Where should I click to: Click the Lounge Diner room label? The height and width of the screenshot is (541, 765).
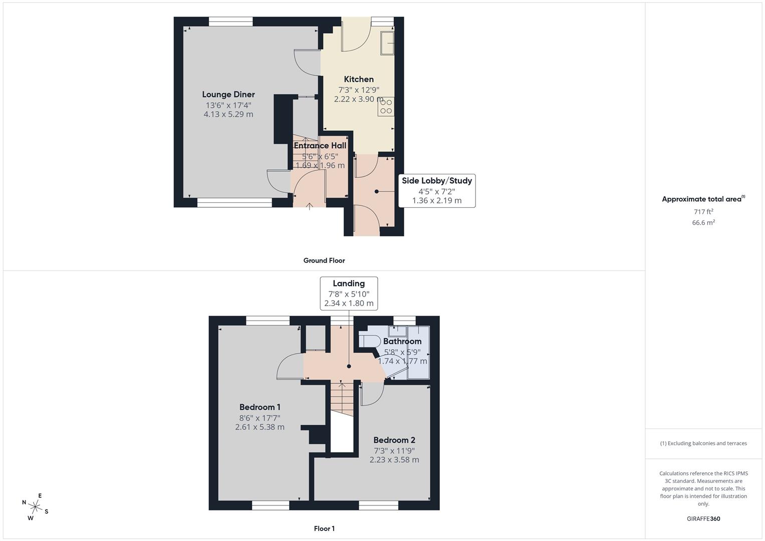pos(228,94)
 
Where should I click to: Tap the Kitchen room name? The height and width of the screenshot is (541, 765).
pos(359,79)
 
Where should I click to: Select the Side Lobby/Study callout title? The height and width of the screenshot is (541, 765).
pos(437,181)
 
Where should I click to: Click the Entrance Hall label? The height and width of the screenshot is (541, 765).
pos(320,146)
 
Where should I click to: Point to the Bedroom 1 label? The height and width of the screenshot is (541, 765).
pos(260,407)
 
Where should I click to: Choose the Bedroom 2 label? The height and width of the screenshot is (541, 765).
pos(394,440)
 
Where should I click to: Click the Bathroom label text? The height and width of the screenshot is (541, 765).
pos(402,341)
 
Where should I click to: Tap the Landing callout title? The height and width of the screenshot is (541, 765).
pos(349,284)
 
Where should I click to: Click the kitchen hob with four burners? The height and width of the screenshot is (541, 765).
pos(386,106)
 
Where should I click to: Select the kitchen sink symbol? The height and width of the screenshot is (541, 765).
pos(387,43)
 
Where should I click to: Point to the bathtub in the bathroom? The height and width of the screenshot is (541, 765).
pos(419,352)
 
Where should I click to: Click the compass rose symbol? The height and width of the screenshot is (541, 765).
pos(35,506)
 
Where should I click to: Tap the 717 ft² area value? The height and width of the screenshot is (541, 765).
pos(703,212)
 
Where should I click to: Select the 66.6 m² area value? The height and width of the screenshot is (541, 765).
pos(703,223)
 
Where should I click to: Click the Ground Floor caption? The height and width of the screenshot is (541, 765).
pos(324,260)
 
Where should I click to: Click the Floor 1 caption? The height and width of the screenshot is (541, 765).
pos(324,528)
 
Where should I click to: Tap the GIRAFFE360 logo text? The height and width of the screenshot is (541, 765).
pos(703,518)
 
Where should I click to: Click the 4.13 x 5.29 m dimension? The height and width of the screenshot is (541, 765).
pos(228,114)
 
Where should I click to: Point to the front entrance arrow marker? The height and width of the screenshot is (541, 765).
pos(310,205)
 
